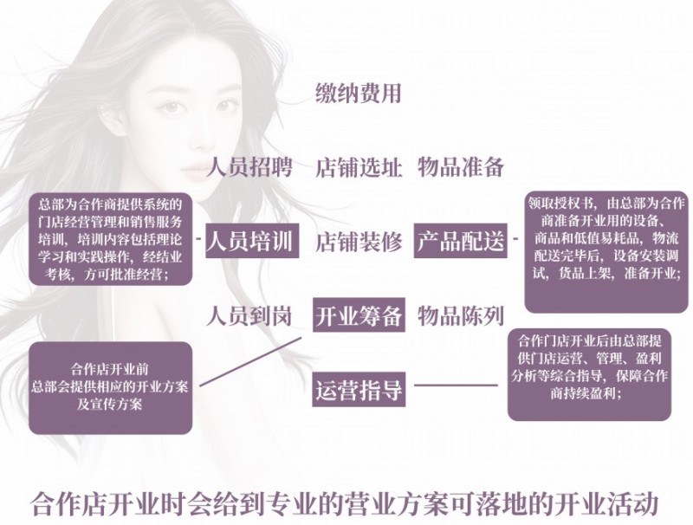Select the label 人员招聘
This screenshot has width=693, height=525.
click(x=249, y=167)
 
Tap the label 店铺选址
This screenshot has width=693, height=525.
click(x=358, y=167)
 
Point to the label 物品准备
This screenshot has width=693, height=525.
click(x=461, y=167)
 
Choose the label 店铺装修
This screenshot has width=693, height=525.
click(x=358, y=242)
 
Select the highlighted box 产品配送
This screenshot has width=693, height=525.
click(x=460, y=242)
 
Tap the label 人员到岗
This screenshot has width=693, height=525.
click(x=249, y=315)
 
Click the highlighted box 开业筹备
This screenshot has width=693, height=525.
click(x=358, y=316)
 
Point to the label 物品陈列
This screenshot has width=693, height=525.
click(x=461, y=315)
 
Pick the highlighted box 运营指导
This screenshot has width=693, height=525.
click(x=358, y=390)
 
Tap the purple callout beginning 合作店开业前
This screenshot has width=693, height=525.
click(x=108, y=386)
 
